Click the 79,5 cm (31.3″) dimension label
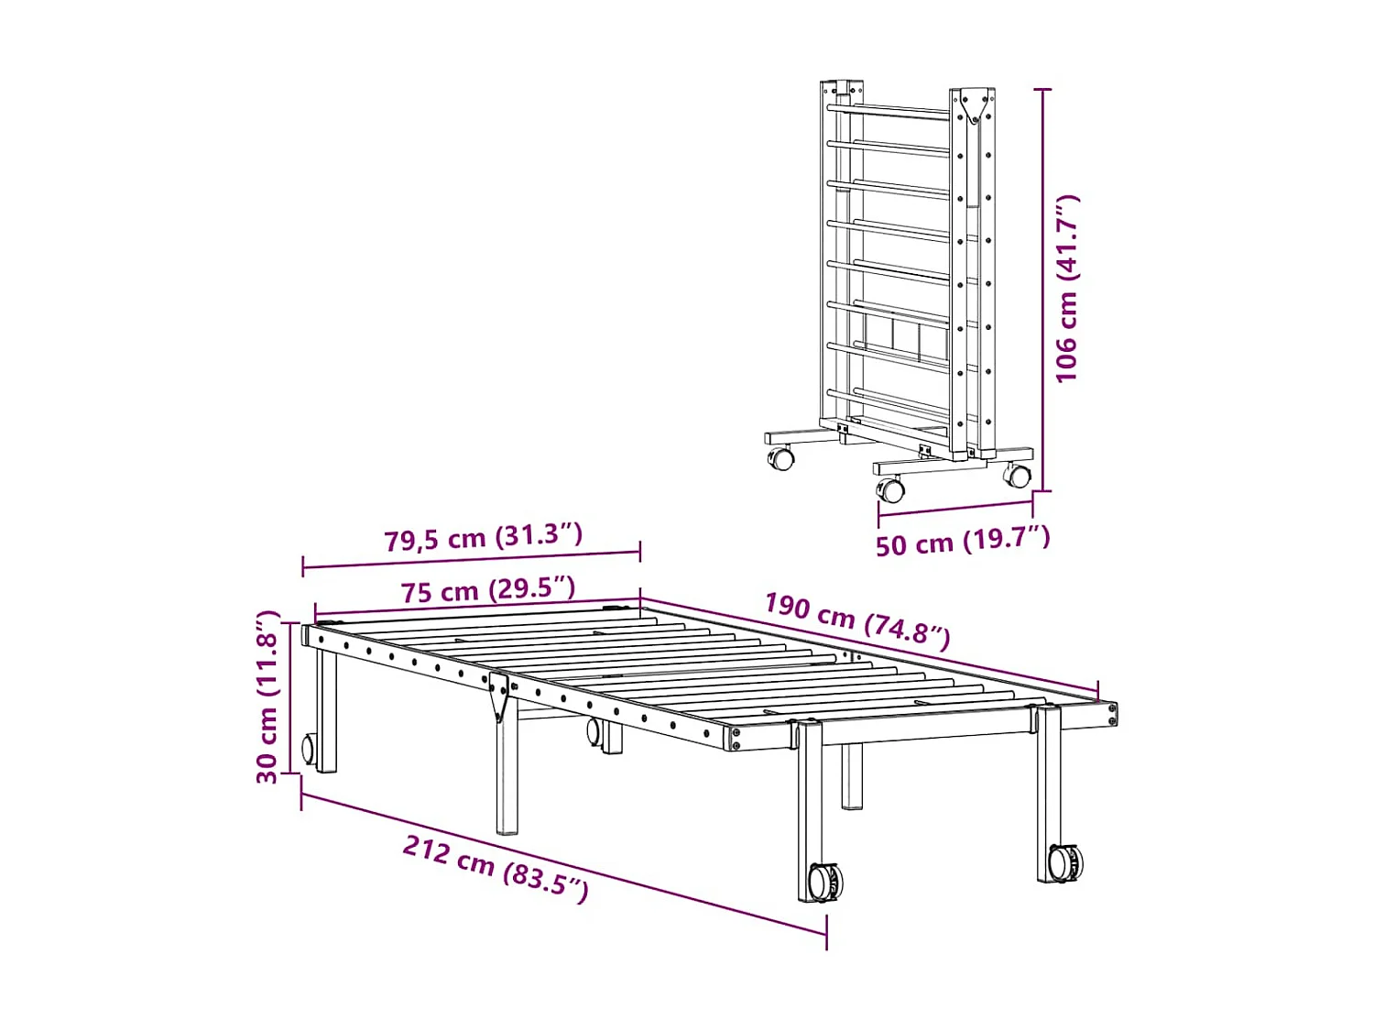[x=483, y=537]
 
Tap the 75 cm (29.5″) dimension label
[x=487, y=590]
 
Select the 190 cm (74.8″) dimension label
[x=856, y=620]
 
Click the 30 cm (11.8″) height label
[x=267, y=697]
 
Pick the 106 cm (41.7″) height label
[x=1067, y=288]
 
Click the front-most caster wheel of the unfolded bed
[x=824, y=883]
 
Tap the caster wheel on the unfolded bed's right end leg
[x=1064, y=863]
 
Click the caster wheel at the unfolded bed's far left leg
[x=309, y=749]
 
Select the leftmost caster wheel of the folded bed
[x=780, y=457]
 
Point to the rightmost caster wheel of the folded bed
[x=1017, y=476]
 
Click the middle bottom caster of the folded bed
[x=891, y=489]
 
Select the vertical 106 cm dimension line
[x=1042, y=290]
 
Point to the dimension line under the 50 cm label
[x=954, y=507]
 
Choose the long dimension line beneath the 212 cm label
[x=563, y=865]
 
